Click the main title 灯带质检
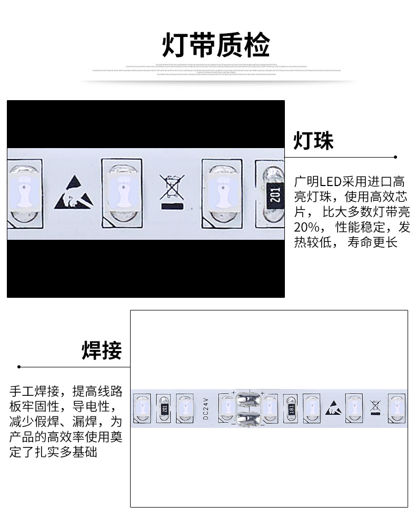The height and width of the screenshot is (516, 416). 215,45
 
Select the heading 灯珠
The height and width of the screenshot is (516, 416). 313,141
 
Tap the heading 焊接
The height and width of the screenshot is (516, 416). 102,350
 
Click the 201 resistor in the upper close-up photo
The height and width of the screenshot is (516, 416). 273,194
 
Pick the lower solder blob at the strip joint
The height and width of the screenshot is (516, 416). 247,420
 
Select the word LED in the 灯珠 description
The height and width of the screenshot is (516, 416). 330,182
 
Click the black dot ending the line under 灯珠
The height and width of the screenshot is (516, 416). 395,157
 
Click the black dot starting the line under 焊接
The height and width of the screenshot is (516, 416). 19,366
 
